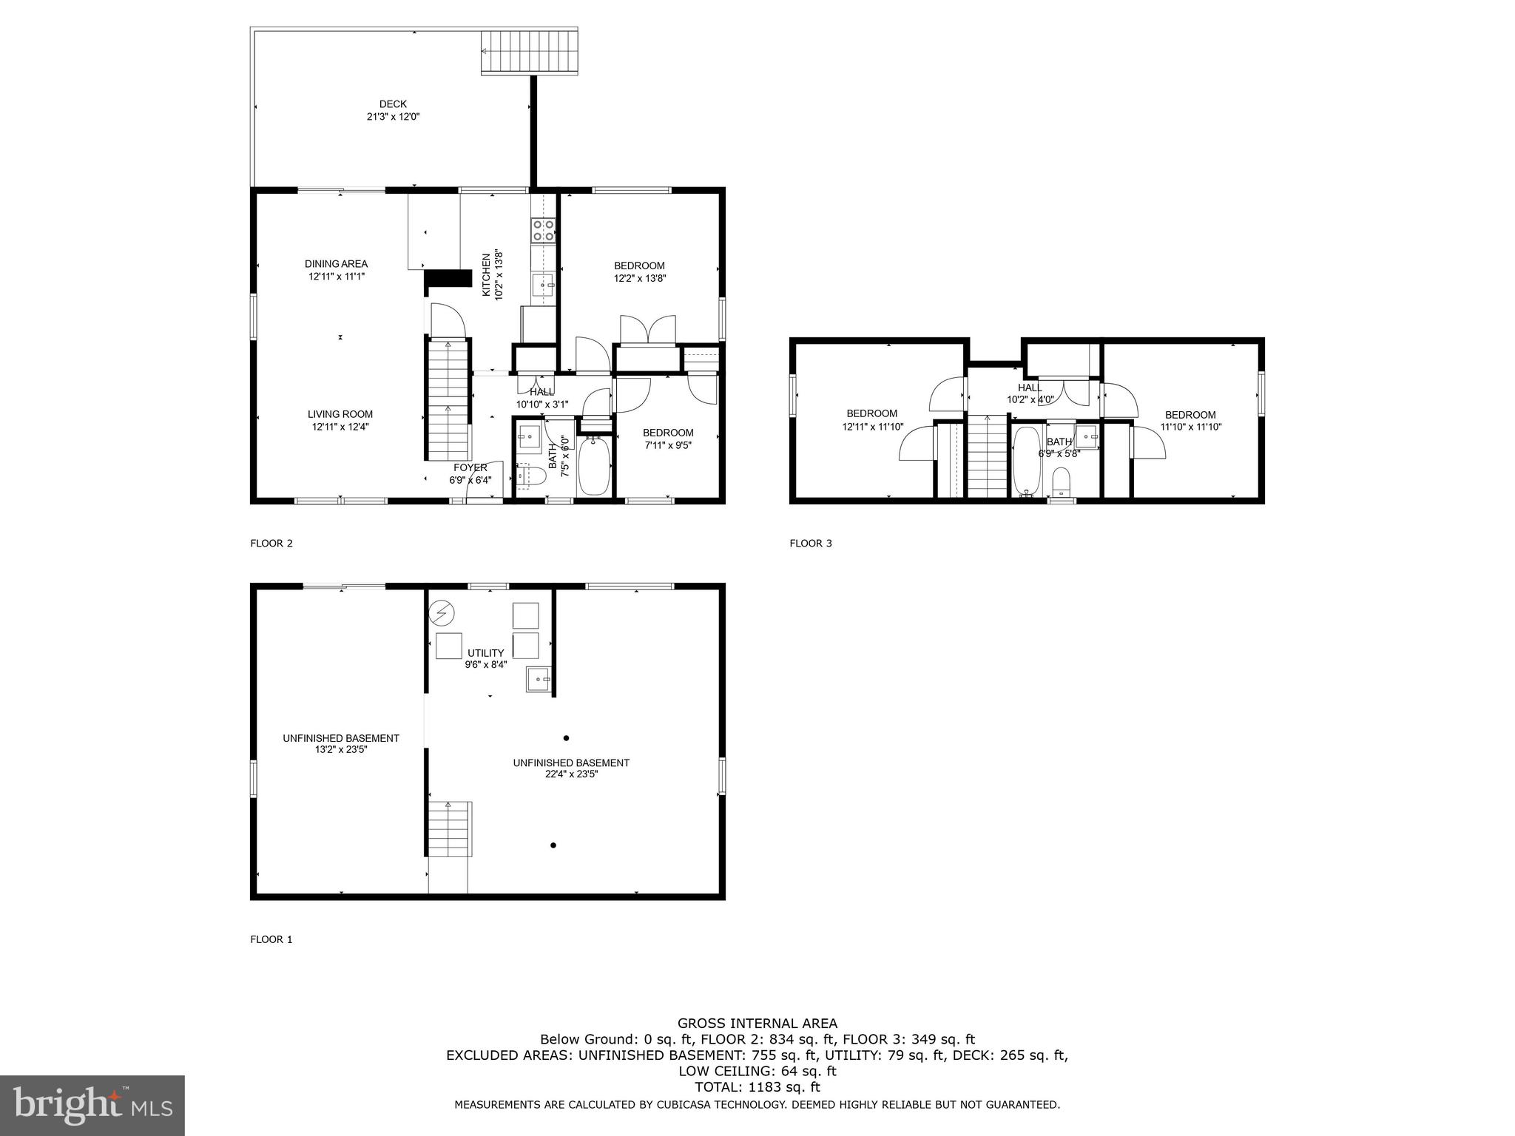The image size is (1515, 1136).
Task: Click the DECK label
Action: pyautogui.click(x=393, y=104)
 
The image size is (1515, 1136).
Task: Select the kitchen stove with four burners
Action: pyautogui.click(x=543, y=230)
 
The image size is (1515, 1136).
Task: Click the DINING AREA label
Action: pyautogui.click(x=336, y=264)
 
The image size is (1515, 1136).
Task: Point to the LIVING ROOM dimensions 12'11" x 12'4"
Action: pyautogui.click(x=340, y=427)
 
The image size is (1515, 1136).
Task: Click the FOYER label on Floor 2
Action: pyautogui.click(x=470, y=467)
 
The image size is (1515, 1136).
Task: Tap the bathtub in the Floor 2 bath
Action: pyautogui.click(x=593, y=466)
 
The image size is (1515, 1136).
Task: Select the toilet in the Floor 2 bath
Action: pyautogui.click(x=530, y=476)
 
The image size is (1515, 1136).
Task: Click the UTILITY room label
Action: pyautogui.click(x=485, y=653)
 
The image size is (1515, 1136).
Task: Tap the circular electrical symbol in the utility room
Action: pyautogui.click(x=442, y=613)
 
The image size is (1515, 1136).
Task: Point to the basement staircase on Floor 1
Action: pyautogui.click(x=449, y=828)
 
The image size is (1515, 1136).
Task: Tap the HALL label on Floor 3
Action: pyautogui.click(x=1029, y=388)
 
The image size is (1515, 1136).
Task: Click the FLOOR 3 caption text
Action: pyautogui.click(x=810, y=544)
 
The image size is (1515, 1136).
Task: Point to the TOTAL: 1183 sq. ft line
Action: pyautogui.click(x=757, y=1087)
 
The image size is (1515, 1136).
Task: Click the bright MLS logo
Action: pyautogui.click(x=92, y=1105)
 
